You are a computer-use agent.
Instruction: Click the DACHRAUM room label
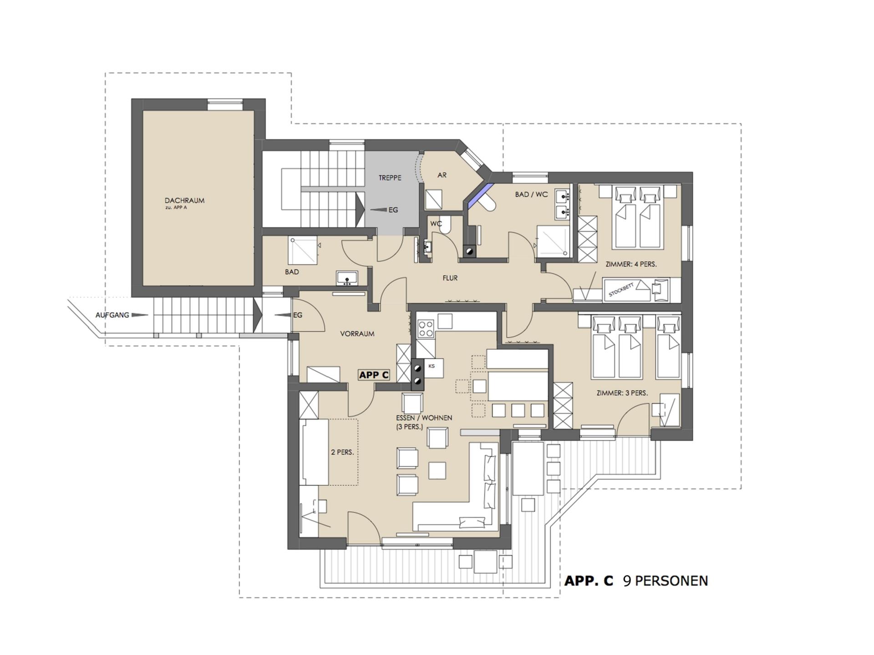[x=184, y=200]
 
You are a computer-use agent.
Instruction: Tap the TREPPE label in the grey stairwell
[x=390, y=178]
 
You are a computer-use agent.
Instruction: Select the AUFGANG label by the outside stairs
[x=112, y=315]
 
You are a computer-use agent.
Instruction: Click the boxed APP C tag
[x=374, y=375]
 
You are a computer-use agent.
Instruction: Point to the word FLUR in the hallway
[x=450, y=278]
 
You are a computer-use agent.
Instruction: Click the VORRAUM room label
[x=357, y=334]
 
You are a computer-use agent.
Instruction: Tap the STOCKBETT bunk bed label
[x=621, y=290]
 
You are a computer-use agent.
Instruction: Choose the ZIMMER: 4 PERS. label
[x=631, y=264]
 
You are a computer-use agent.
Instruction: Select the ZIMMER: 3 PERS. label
[x=622, y=393]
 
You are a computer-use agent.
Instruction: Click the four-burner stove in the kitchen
[x=426, y=328]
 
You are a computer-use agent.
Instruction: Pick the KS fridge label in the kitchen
[x=432, y=366]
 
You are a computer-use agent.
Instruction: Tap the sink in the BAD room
[x=347, y=278]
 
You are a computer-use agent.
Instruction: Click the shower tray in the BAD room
[x=302, y=250]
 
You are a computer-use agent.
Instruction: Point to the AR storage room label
[x=442, y=175]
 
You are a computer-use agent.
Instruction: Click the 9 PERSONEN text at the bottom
[x=666, y=581]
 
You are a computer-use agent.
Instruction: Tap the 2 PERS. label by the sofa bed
[x=342, y=453]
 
